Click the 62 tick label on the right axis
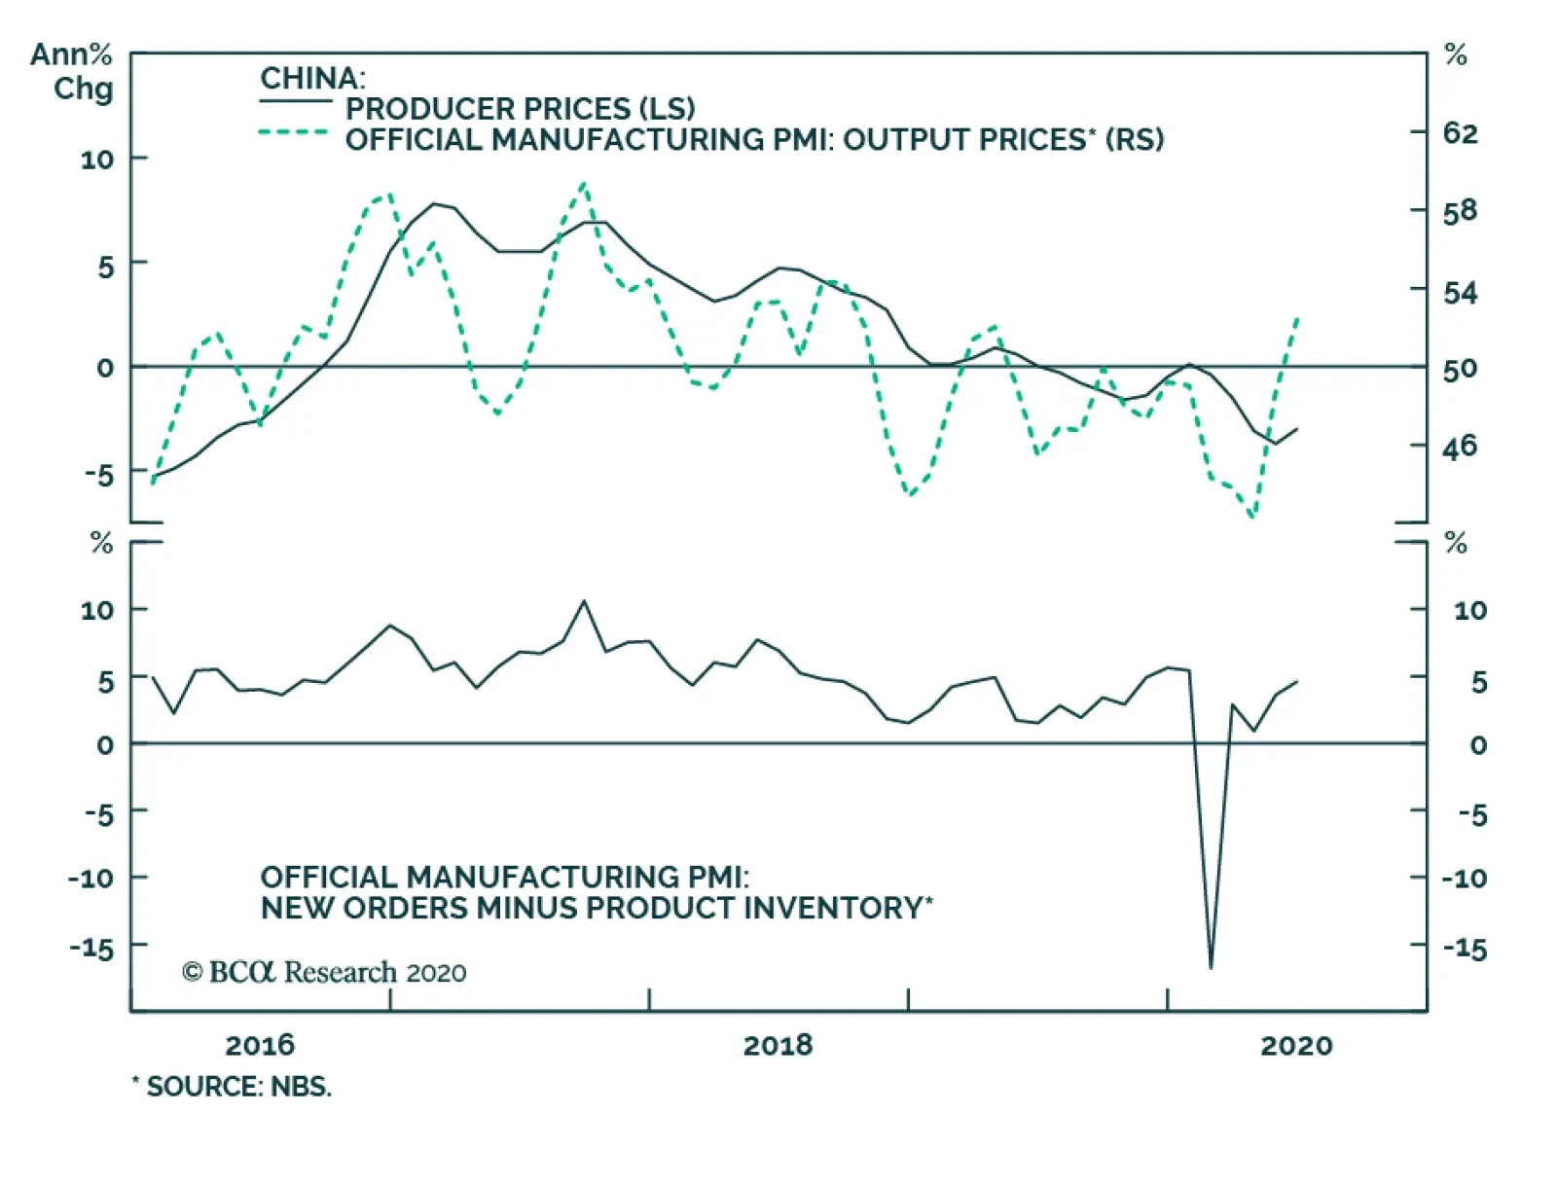(1460, 132)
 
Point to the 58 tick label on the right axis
(1460, 211)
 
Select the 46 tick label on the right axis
(1460, 447)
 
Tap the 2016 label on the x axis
(259, 1045)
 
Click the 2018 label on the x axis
(778, 1045)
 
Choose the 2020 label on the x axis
(1296, 1045)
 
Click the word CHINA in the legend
(311, 78)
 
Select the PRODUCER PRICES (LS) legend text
(520, 108)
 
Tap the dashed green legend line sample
(294, 132)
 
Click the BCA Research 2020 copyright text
(324, 972)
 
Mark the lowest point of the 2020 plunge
(1211, 967)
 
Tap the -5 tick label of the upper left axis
(98, 475)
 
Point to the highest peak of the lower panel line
(584, 601)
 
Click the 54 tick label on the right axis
(1460, 292)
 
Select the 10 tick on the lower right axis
(1469, 610)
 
